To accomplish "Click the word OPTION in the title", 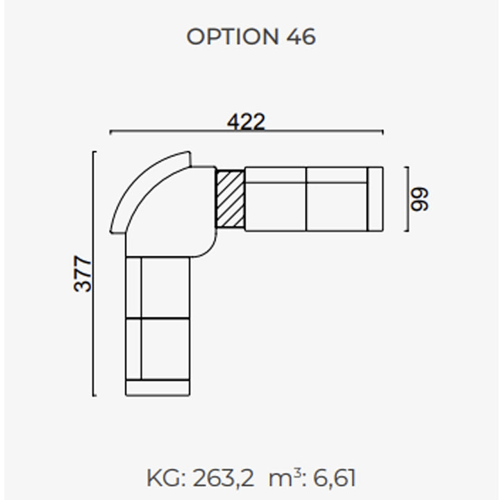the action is coord(233,36).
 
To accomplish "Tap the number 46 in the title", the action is coord(301,36).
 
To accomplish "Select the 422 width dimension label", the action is coord(246,122).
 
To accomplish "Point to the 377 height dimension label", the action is coord(83,274).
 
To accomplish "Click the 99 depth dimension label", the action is coord(419,199).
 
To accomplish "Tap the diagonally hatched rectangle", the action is coord(231,199).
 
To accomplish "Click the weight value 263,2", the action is coord(223,478).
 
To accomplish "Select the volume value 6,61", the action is coord(335,478).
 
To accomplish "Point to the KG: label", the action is coord(166,478).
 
